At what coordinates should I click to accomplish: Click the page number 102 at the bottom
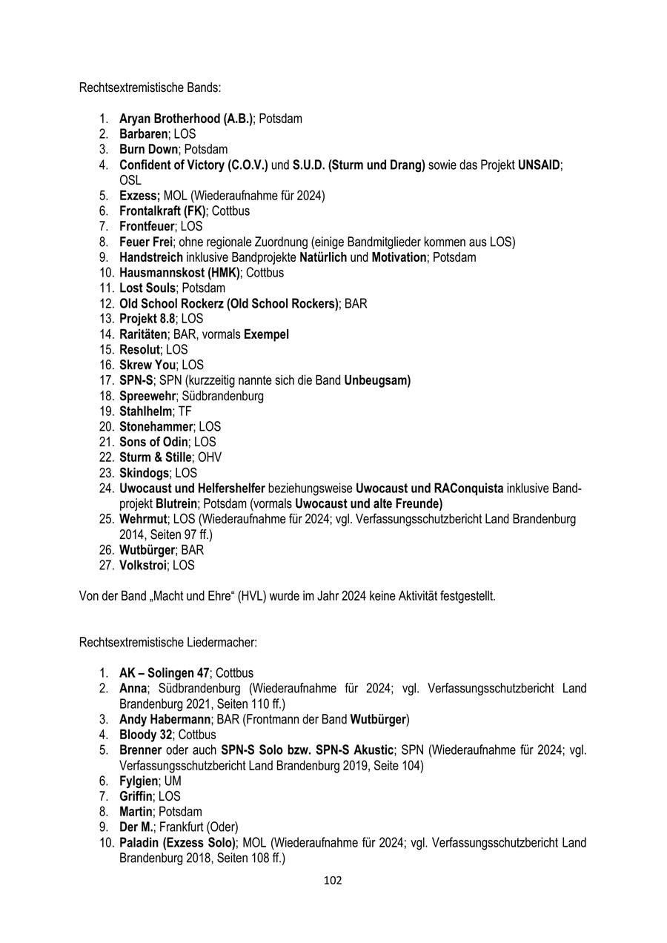coord(333,881)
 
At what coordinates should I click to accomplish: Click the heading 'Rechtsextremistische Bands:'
coord(150,87)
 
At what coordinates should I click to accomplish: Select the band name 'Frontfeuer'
coord(147,226)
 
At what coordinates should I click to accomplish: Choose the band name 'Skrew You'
coord(147,365)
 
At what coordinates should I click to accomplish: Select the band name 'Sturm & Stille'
coord(155,457)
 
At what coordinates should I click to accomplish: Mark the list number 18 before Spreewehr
coord(104,396)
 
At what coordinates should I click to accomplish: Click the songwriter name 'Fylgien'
coord(138,781)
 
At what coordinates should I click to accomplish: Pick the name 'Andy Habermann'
coord(165,719)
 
